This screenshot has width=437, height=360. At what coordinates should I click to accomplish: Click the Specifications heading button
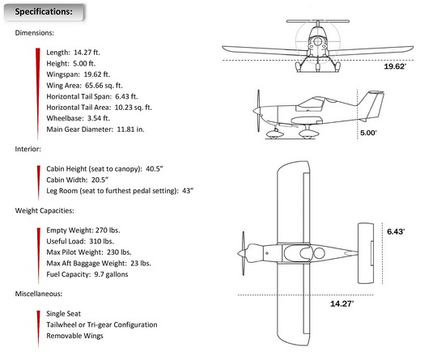pyautogui.click(x=44, y=12)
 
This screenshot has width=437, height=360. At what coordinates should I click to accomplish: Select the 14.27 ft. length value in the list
pyautogui.click(x=87, y=53)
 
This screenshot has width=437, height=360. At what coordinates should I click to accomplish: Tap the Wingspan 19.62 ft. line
pyautogui.click(x=78, y=74)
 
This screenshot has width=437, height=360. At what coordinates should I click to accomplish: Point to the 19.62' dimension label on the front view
pyautogui.click(x=395, y=66)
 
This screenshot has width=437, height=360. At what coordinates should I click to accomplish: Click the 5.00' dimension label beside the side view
pyautogui.click(x=368, y=133)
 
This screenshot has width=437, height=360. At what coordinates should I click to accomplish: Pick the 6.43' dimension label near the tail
pyautogui.click(x=396, y=231)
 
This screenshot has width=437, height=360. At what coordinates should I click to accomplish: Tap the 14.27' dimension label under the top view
pyautogui.click(x=342, y=303)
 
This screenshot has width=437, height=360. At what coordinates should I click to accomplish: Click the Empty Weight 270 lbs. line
pyautogui.click(x=83, y=231)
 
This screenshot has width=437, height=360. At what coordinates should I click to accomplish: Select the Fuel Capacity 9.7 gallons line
pyautogui.click(x=87, y=274)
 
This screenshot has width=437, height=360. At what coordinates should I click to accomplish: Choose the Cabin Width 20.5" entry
pyautogui.click(x=77, y=180)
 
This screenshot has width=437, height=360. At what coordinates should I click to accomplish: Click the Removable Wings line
pyautogui.click(x=74, y=336)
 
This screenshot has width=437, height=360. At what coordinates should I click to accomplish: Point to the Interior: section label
pyautogui.click(x=28, y=149)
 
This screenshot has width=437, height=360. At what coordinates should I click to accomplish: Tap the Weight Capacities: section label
pyautogui.click(x=45, y=210)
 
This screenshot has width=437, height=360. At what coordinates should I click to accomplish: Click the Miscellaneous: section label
pyautogui.click(x=39, y=294)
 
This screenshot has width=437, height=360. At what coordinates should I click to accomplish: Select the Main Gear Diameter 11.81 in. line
pyautogui.click(x=95, y=129)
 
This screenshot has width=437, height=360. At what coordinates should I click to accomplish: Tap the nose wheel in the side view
pyautogui.click(x=275, y=135)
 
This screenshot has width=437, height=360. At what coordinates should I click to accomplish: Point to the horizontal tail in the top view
pyautogui.click(x=366, y=253)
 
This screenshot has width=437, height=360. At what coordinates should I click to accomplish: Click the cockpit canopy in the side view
pyautogui.click(x=311, y=104)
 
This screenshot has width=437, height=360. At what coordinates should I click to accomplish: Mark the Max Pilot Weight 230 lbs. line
pyautogui.click(x=89, y=252)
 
